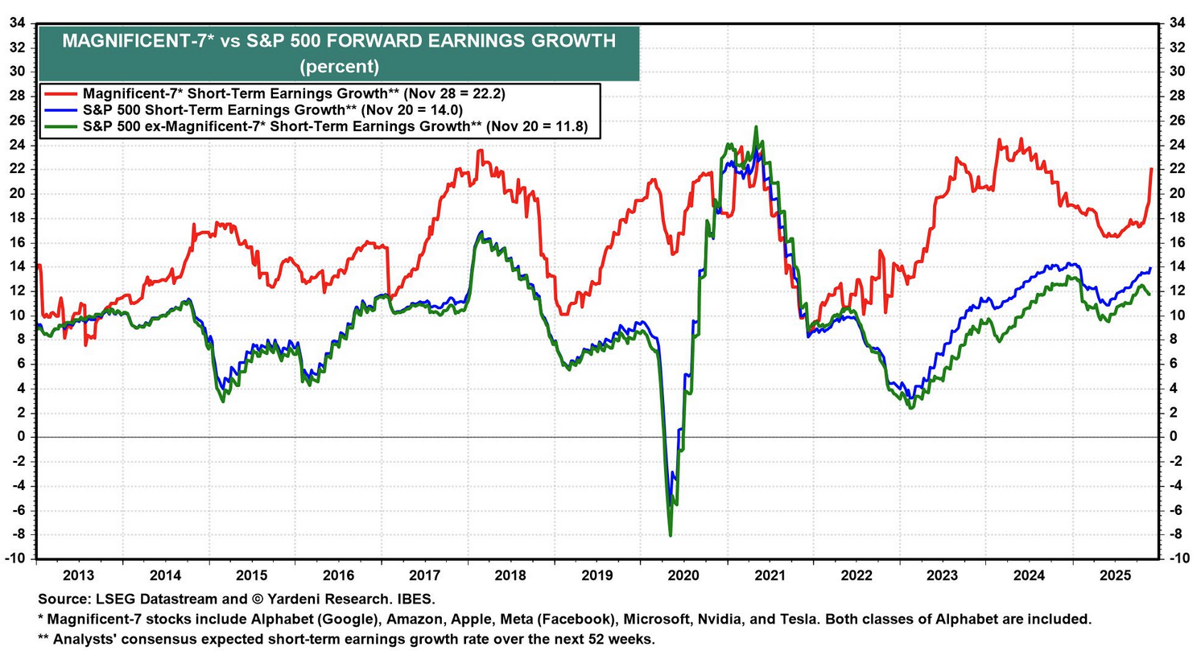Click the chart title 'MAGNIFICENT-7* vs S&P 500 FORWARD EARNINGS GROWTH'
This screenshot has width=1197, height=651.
(339, 41)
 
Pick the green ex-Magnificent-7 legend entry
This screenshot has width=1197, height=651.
(322, 126)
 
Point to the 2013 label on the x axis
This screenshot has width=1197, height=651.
(80, 575)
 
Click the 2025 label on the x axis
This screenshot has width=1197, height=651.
(1116, 575)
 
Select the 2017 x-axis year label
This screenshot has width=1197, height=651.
(425, 575)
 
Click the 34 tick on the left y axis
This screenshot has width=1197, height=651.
(15, 23)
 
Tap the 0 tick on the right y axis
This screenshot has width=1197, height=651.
(1171, 437)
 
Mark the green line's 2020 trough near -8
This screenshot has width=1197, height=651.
(671, 534)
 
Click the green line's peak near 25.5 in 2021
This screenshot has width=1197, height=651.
(755, 127)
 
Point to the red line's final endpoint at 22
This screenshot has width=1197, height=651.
(1151, 169)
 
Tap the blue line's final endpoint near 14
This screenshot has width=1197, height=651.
(1150, 268)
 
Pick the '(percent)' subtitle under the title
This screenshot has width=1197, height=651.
(339, 65)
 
